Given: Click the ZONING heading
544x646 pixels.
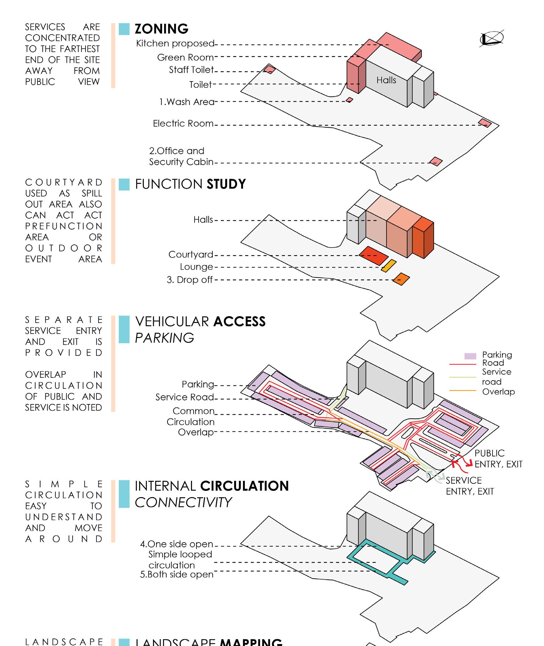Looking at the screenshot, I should (161, 29).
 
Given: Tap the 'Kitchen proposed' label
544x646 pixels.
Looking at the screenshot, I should (175, 44).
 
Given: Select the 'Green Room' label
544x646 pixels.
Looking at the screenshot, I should (185, 58).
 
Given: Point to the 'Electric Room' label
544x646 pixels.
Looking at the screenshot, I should (183, 124).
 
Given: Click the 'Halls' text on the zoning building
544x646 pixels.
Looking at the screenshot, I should (386, 81).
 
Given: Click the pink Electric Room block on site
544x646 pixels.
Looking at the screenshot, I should (484, 123).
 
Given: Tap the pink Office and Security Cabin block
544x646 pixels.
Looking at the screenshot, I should (436, 162).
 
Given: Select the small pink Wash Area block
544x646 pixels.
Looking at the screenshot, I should (350, 100).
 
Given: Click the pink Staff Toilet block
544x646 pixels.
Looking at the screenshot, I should (269, 69).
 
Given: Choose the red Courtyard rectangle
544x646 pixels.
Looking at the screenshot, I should (374, 256).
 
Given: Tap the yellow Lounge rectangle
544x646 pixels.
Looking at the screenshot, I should (389, 266).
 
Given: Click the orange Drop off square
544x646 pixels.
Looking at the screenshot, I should (401, 279).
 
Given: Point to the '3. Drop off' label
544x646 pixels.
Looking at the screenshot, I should (189, 280).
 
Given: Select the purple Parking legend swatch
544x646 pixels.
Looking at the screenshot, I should (470, 356).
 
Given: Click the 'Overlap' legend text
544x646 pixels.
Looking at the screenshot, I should (498, 392).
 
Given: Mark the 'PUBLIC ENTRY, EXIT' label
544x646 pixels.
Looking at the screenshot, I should (498, 459).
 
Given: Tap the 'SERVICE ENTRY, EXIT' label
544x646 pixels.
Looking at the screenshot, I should (469, 486).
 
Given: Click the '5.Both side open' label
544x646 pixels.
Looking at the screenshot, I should (177, 575).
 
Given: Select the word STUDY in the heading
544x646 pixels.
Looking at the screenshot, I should (226, 184).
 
